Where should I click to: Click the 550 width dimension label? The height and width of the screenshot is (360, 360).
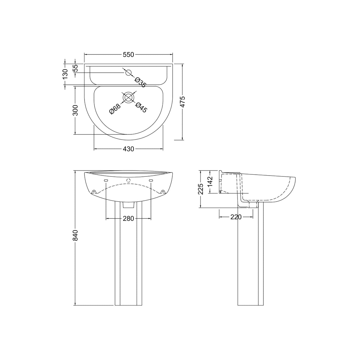pos(128,55)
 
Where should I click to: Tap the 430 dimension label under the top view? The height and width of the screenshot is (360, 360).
pos(128,149)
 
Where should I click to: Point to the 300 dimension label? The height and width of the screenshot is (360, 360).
pos(75,110)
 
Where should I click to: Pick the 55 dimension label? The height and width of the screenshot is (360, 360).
pos(75,68)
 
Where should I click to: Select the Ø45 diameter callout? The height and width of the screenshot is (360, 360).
pos(141,107)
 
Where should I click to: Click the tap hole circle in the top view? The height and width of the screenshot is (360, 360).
pos(128,72)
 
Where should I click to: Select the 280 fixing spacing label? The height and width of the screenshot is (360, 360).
pos(128,219)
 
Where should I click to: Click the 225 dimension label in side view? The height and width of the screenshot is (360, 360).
pos(201,189)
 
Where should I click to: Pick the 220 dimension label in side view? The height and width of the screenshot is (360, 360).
pos(236,217)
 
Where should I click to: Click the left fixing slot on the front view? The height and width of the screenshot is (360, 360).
pos(106,181)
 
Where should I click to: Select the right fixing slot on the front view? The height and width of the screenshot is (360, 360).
pos(151,181)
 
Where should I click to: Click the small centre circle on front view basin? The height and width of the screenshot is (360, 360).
pos(128,180)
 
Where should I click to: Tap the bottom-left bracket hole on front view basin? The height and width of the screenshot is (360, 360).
pos(94,192)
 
